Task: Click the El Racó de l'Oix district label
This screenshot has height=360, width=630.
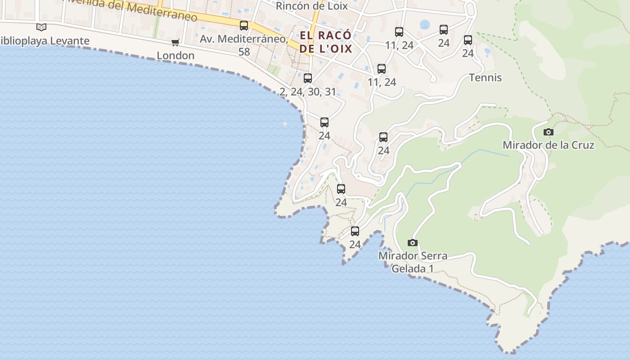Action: (x=325, y=42)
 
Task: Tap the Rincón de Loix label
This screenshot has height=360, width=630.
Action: (x=311, y=6)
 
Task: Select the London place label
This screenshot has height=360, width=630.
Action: (x=175, y=55)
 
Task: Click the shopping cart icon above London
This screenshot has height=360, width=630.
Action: (x=175, y=42)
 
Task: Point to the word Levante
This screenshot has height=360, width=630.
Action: (x=70, y=41)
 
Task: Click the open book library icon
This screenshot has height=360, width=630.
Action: (x=41, y=27)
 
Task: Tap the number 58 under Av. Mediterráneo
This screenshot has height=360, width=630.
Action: (x=244, y=52)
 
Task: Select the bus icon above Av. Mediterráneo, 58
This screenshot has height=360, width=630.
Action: (x=244, y=26)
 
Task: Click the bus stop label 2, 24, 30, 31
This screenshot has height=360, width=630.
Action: (x=308, y=92)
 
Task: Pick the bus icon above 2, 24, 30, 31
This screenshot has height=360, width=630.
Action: (x=308, y=78)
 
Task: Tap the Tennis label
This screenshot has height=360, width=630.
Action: (x=485, y=77)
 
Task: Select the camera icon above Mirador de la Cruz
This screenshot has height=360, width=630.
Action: (x=548, y=132)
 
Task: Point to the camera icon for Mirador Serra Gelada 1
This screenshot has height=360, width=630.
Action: (x=412, y=243)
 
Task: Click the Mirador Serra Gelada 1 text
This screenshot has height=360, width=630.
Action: (x=413, y=262)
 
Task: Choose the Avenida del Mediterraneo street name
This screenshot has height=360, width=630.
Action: (x=130, y=9)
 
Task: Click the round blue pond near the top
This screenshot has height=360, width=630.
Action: (x=424, y=24)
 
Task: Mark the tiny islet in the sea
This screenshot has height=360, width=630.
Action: (x=285, y=123)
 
